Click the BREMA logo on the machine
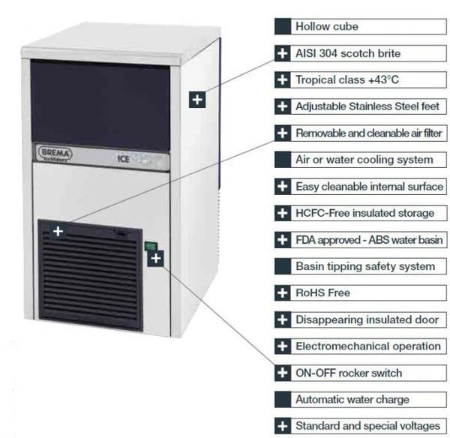pos(55,154)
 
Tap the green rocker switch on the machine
pos(150,246)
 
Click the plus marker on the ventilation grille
pos(58,231)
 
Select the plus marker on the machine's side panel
pos(197,100)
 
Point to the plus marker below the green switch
pos(156,258)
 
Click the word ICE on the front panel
pos(124,159)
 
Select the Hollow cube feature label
pos(327,26)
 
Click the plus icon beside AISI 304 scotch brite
pos(283,53)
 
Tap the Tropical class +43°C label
pos(347,79)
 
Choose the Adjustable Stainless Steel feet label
pos(367,106)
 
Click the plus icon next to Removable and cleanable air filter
pos(283,133)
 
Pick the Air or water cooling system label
pos(364,160)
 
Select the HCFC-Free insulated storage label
pos(364,213)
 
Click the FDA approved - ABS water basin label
pos(369,240)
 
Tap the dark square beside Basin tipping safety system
pos(283,266)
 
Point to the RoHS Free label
pos(322,292)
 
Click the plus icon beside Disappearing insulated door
pos(283,319)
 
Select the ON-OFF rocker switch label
pos(349,373)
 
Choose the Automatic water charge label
pos(352,400)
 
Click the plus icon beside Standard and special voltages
pos(283,426)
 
